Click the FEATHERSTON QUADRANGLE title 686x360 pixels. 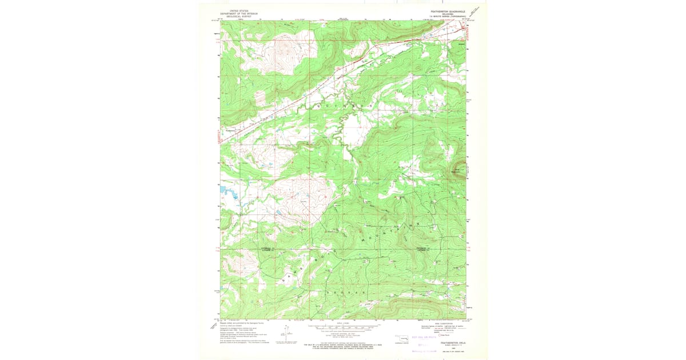[x=448, y=11]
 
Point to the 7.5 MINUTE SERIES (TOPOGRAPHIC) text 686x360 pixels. [x=448, y=17]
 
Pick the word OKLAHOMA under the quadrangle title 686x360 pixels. [x=448, y=14]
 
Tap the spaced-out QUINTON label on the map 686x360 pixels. [x=343, y=107]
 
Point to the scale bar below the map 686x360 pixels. [x=343, y=328]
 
